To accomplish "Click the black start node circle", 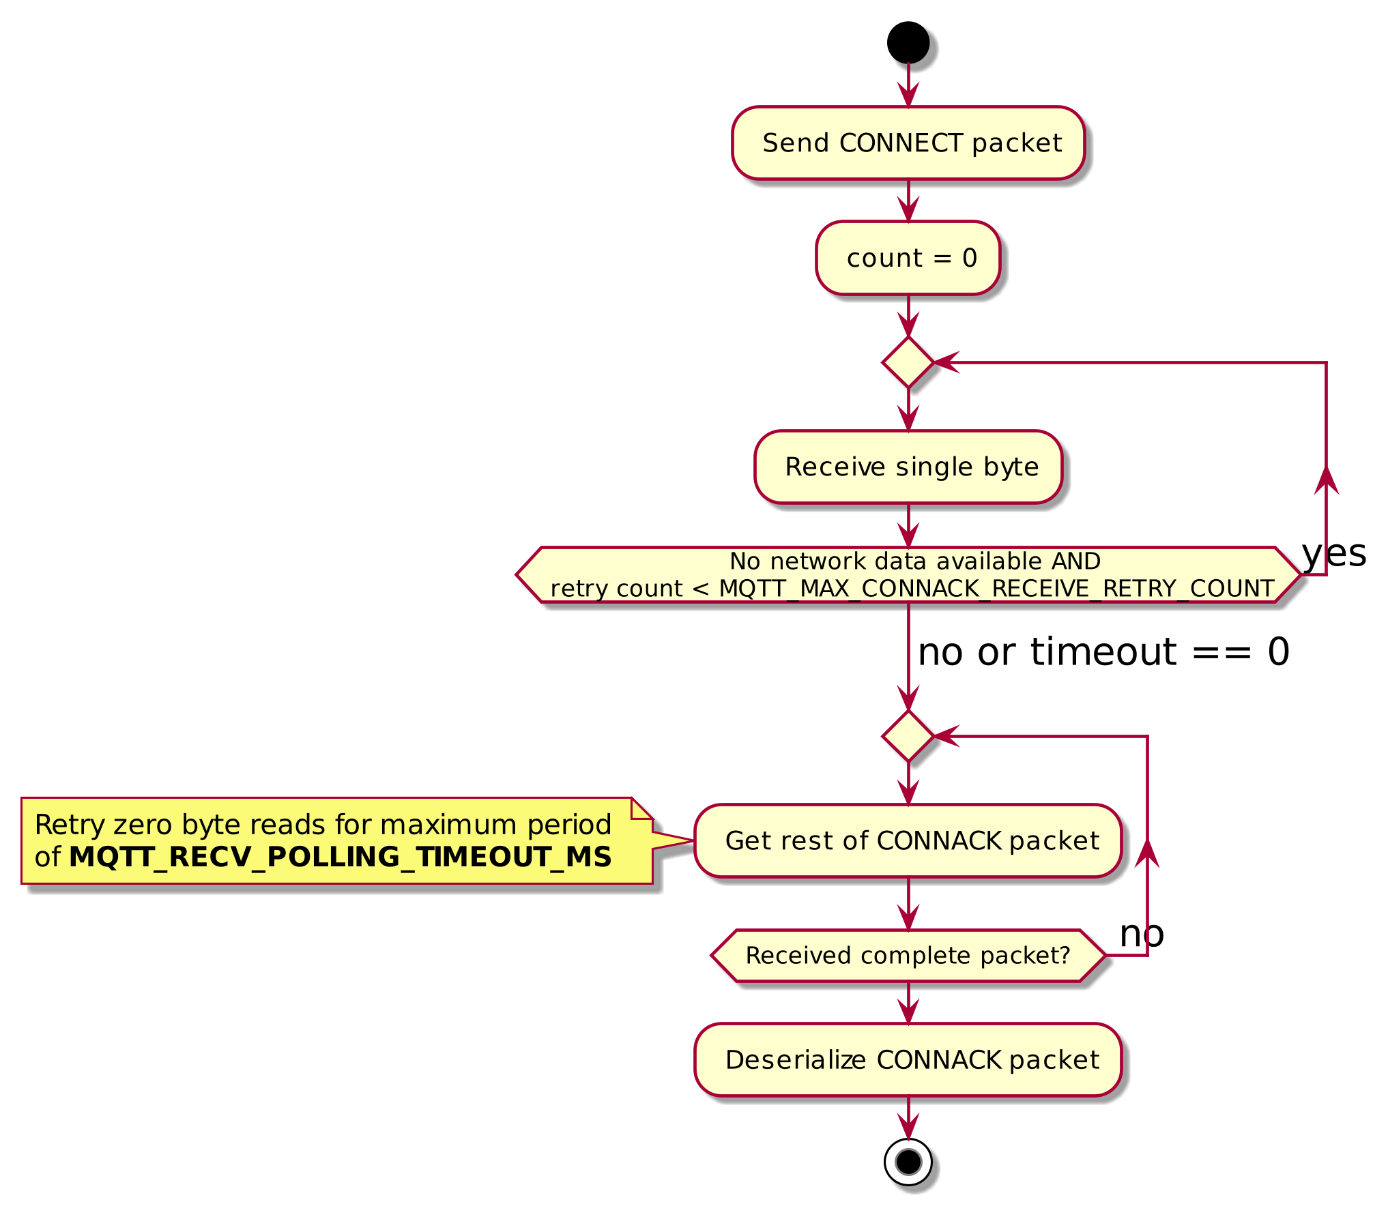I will (x=908, y=42).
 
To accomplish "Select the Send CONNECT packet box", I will (x=908, y=143).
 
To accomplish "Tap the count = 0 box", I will (x=908, y=258).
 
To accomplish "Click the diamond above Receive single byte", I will (x=908, y=362).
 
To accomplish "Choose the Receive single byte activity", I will (x=908, y=467).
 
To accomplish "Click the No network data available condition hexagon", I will (x=908, y=574).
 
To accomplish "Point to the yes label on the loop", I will (x=1334, y=554).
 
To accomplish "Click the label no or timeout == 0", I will (x=1103, y=652).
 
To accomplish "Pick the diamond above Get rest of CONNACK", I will (x=908, y=736).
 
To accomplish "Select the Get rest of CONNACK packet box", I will (x=908, y=841).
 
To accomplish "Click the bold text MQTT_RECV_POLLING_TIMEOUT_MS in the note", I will (x=340, y=857).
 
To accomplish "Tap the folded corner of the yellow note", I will (x=642, y=808).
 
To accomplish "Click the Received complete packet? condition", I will (x=908, y=956).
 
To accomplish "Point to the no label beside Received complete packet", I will (x=1142, y=934).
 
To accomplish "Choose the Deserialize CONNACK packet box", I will (x=908, y=1060).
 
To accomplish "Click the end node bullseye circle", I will (x=908, y=1161).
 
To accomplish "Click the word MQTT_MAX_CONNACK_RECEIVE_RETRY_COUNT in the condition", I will (x=996, y=588).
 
